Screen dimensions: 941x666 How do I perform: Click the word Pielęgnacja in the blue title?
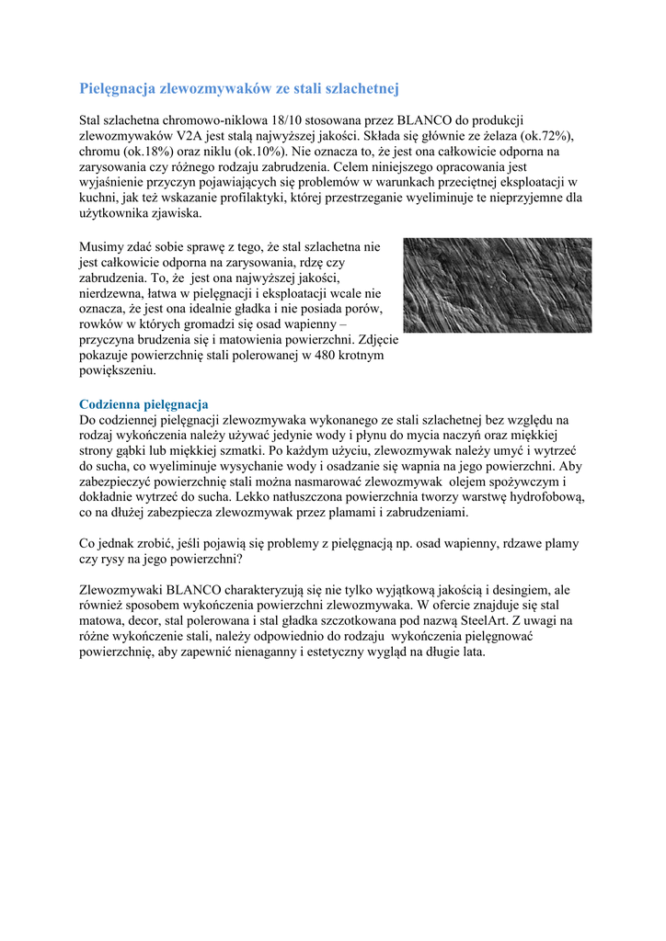tap(118, 89)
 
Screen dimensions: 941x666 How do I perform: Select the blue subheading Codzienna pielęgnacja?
tap(144, 404)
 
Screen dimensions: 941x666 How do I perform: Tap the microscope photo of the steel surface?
tap(497, 285)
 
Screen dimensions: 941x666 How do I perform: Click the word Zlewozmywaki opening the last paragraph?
tap(121, 589)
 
